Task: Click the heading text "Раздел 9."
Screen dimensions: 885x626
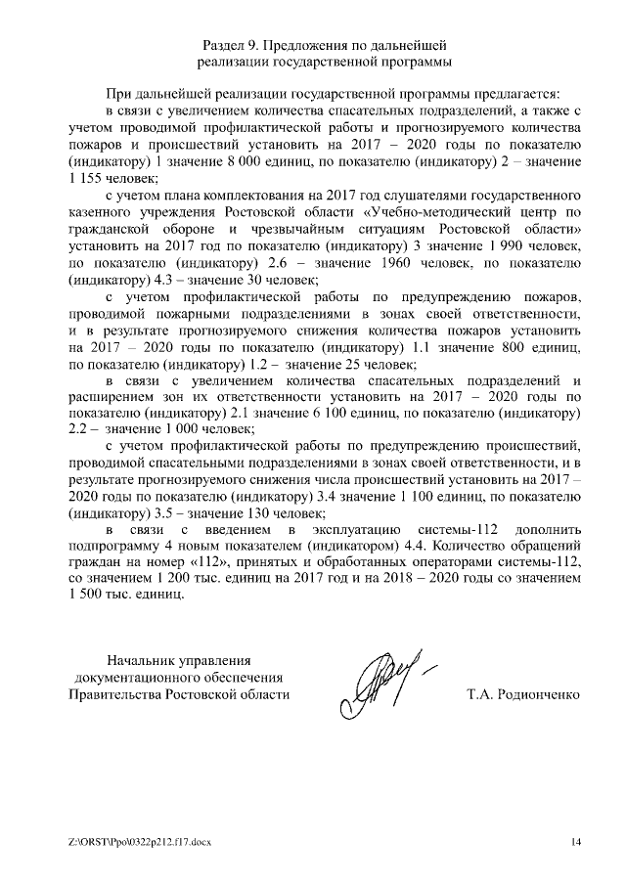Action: (x=232, y=45)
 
